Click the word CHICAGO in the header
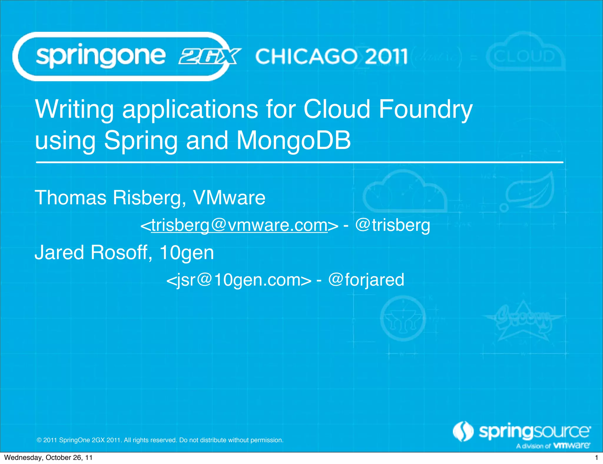click(307, 57)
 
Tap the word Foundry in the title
click(425, 110)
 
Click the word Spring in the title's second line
click(140, 141)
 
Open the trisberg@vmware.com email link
click(239, 225)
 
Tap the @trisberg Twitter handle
click(392, 225)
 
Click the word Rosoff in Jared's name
click(121, 252)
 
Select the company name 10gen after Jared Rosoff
click(186, 253)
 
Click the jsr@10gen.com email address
click(239, 280)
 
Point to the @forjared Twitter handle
click(366, 280)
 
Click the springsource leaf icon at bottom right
click(463, 432)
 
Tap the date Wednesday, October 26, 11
click(48, 458)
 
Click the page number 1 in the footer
click(597, 458)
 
